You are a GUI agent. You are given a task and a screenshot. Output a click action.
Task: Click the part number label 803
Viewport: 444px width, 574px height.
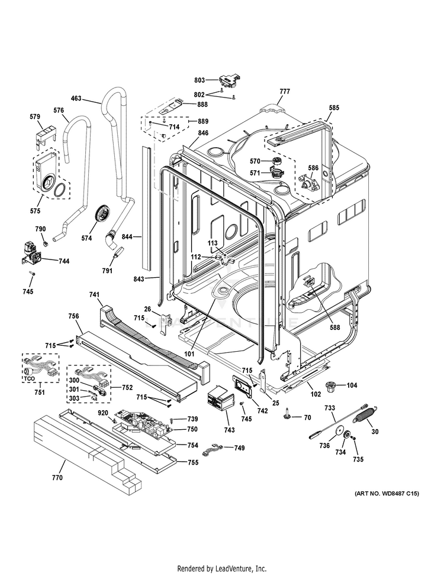tap(199, 79)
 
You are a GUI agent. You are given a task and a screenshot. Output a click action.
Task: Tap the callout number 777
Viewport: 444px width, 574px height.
tap(285, 91)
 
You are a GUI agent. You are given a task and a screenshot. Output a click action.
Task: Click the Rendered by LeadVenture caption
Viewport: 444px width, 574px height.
tap(222, 568)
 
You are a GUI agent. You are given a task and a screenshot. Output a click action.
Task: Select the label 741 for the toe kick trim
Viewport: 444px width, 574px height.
tap(94, 294)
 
